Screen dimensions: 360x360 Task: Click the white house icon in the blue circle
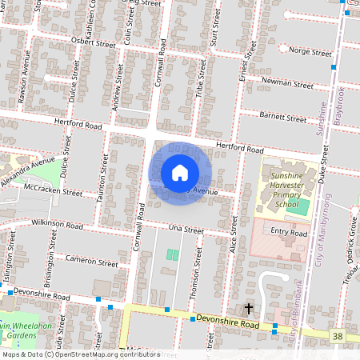[x=180, y=172]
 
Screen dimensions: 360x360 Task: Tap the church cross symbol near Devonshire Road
[x=248, y=308]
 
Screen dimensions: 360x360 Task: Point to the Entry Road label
[x=289, y=232]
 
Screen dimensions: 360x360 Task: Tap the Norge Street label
[x=310, y=52]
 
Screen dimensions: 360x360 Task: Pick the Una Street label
[x=186, y=229]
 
